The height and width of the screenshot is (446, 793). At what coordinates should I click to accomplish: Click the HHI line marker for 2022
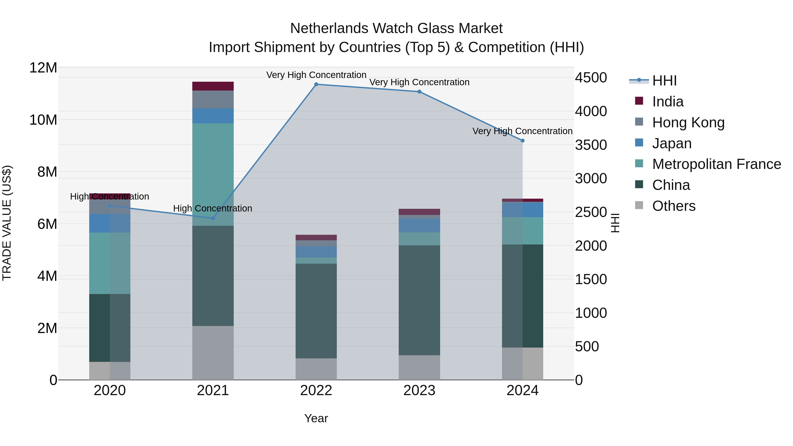click(316, 84)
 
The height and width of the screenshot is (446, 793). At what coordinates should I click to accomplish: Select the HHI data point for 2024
click(522, 141)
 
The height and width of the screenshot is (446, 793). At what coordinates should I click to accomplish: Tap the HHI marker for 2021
click(213, 218)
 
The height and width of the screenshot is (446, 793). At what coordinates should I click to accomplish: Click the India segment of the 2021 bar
click(213, 86)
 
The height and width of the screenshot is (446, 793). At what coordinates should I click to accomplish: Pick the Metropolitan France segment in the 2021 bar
click(213, 174)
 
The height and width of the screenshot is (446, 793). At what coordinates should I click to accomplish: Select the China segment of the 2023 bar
click(419, 300)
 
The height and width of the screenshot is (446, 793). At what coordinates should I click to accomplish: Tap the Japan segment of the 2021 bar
click(213, 116)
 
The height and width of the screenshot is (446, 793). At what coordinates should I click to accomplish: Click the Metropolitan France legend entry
click(716, 164)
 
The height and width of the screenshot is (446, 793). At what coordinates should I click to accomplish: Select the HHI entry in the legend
click(664, 81)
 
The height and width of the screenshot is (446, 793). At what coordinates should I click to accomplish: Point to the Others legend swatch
click(639, 205)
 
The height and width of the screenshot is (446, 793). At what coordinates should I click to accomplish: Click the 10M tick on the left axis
click(43, 120)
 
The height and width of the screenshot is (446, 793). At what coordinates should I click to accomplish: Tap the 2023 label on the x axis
click(419, 390)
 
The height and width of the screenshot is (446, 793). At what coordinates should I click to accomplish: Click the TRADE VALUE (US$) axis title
click(7, 223)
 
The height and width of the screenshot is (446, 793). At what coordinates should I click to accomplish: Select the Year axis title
click(316, 418)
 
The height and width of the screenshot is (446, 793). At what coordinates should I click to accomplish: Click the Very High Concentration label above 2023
click(419, 82)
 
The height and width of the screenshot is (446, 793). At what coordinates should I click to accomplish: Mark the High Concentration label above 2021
click(213, 208)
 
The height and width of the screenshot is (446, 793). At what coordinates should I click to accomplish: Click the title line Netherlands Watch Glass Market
click(396, 28)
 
